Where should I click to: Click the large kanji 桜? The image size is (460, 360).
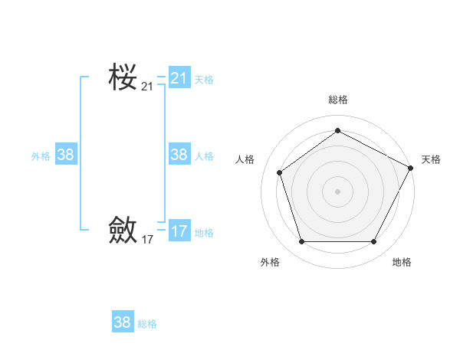pyautogui.click(x=123, y=77)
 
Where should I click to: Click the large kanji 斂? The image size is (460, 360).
pyautogui.click(x=123, y=229)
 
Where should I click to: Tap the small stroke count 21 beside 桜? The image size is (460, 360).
pyautogui.click(x=147, y=87)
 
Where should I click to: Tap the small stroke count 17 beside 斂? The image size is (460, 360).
pyautogui.click(x=147, y=240)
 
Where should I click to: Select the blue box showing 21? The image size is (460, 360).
pyautogui.click(x=179, y=78)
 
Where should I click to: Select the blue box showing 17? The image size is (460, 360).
pyautogui.click(x=179, y=231)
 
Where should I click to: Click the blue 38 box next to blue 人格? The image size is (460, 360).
pyautogui.click(x=179, y=155)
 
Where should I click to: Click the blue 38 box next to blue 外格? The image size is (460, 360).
pyautogui.click(x=66, y=155)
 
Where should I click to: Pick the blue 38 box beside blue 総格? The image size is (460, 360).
pyautogui.click(x=123, y=322)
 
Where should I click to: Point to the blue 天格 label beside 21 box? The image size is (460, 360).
pyautogui.click(x=204, y=80)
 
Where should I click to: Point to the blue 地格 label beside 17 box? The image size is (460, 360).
pyautogui.click(x=204, y=233)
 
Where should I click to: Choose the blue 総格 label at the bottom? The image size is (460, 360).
pyautogui.click(x=147, y=324)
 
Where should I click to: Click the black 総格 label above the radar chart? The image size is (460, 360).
pyautogui.click(x=337, y=100)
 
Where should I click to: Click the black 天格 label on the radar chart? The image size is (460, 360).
pyautogui.click(x=431, y=159)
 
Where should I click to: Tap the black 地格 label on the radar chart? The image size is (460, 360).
pyautogui.click(x=402, y=262)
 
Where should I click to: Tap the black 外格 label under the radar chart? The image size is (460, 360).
pyautogui.click(x=270, y=262)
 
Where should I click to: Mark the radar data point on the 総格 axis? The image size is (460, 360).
pyautogui.click(x=337, y=130)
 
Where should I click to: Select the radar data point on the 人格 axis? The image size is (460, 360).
pyautogui.click(x=280, y=172)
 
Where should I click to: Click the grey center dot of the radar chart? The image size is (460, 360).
pyautogui.click(x=337, y=190)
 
